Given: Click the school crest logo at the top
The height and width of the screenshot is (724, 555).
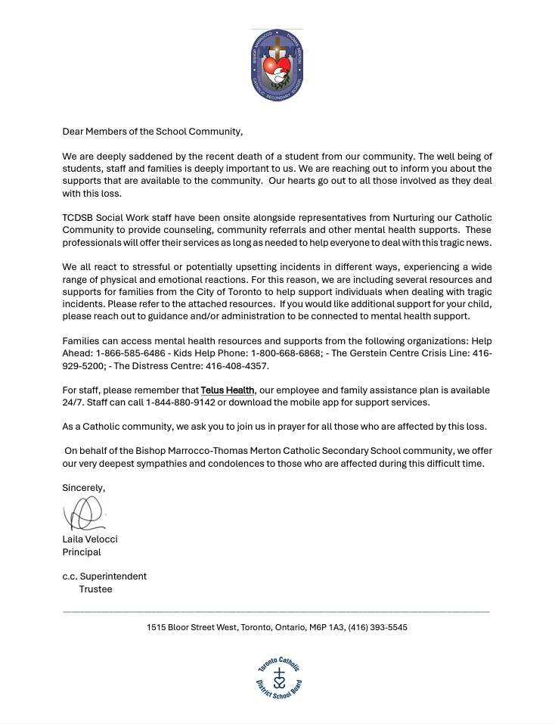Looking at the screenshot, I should pos(277,66).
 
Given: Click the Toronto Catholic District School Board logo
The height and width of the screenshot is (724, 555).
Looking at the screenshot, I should pos(279,677).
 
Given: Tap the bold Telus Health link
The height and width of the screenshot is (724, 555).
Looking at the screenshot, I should pos(227,390).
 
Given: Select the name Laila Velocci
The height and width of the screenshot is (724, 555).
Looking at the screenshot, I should pos(90,539).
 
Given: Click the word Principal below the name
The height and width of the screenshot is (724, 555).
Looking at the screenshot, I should pos(82,552).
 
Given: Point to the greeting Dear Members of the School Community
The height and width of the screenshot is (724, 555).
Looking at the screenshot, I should pos(152,131).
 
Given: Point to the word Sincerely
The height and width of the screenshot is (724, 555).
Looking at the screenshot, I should pos(83,488).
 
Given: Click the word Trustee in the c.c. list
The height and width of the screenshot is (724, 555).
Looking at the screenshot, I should pos(95,589).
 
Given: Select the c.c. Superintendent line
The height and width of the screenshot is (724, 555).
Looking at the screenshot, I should pos(104,576).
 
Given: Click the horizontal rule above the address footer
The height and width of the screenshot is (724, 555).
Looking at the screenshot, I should pos(276,611).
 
